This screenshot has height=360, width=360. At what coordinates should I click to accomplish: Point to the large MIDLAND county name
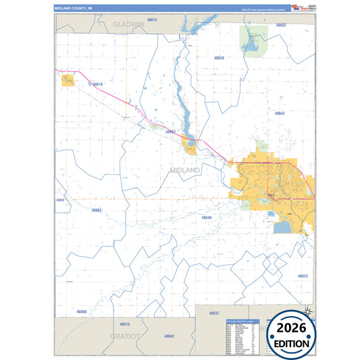point(185,170)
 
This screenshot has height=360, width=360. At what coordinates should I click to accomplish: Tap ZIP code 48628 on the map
point(219,58)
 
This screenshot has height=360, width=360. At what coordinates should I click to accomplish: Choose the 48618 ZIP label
point(98,84)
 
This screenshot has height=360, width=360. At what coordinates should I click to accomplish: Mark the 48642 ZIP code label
point(280,113)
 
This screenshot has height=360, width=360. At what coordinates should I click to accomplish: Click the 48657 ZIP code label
point(171,132)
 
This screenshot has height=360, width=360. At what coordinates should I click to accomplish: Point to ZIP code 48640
point(207,217)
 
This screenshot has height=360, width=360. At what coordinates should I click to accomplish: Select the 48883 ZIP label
point(96,210)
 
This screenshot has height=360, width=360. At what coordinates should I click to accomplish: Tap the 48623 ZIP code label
point(301,276)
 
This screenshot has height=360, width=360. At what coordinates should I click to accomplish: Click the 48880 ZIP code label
point(82,311)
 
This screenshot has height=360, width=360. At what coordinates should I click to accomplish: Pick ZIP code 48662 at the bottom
point(169,336)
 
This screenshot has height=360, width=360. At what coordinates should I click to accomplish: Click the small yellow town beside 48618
point(68,81)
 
